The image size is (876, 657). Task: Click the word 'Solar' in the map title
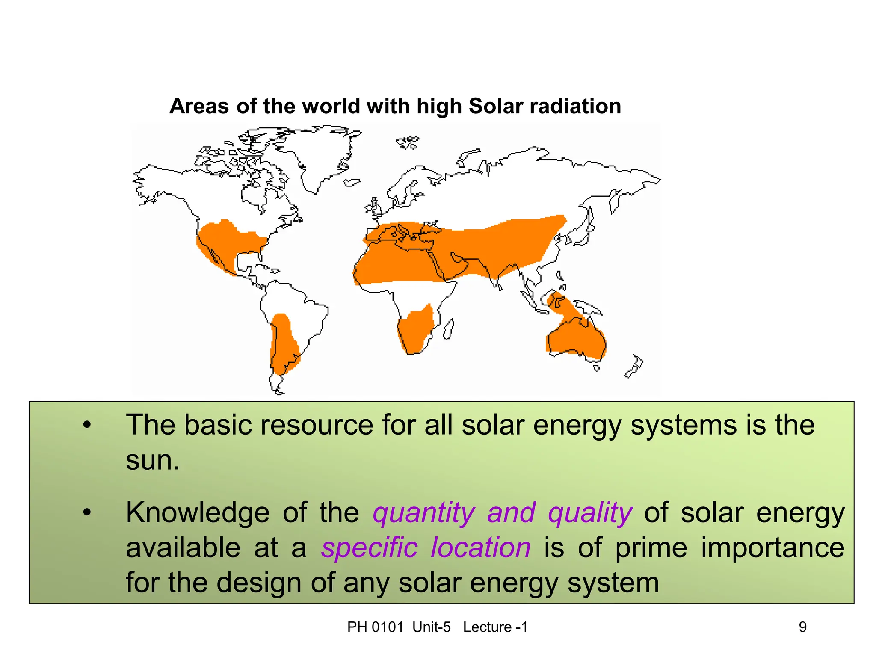(496, 106)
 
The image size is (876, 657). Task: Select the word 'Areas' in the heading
(199, 106)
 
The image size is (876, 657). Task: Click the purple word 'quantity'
(423, 512)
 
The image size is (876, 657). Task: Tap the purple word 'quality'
(590, 512)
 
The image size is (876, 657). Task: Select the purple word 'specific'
(369, 547)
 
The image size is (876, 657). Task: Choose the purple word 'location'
(481, 547)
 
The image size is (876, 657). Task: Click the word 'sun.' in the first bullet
(153, 461)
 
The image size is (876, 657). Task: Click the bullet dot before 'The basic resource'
(87, 425)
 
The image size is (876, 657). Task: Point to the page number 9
(802, 627)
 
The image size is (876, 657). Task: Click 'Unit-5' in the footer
(432, 627)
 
